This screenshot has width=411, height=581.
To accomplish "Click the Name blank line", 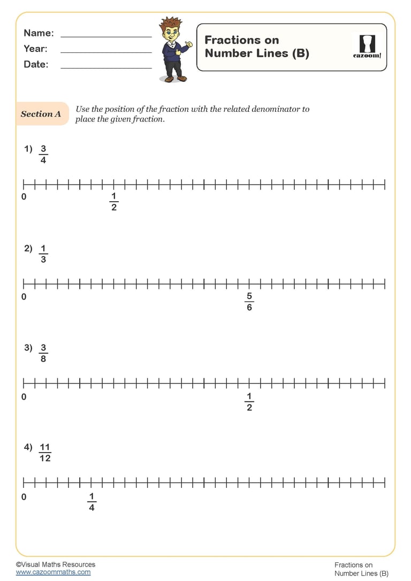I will click(x=106, y=36).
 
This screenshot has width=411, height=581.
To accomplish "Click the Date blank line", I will click(x=106, y=68).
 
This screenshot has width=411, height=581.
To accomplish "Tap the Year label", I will click(x=35, y=49).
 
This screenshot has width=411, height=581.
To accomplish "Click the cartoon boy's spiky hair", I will click(x=171, y=26).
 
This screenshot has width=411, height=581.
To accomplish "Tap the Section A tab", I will click(x=41, y=114).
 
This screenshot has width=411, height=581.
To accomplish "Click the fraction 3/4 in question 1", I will click(x=43, y=154).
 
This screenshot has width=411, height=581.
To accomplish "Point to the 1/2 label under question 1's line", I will click(x=113, y=202).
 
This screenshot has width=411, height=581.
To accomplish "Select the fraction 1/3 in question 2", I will click(x=43, y=254).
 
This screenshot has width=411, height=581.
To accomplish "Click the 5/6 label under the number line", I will click(x=249, y=302).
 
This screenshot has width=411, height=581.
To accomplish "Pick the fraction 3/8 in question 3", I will click(x=43, y=353).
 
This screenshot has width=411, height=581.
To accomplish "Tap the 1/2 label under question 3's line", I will click(x=249, y=402).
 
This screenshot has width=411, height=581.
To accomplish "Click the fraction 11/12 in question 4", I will click(x=45, y=453).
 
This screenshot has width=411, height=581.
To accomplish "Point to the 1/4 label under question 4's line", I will click(x=92, y=502).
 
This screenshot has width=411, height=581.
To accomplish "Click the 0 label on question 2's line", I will click(x=24, y=297).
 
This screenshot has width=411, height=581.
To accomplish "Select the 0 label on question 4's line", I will click(x=24, y=497).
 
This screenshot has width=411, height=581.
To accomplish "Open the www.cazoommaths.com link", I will click(x=53, y=572).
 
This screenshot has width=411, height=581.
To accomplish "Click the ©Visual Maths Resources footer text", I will click(x=56, y=564).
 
